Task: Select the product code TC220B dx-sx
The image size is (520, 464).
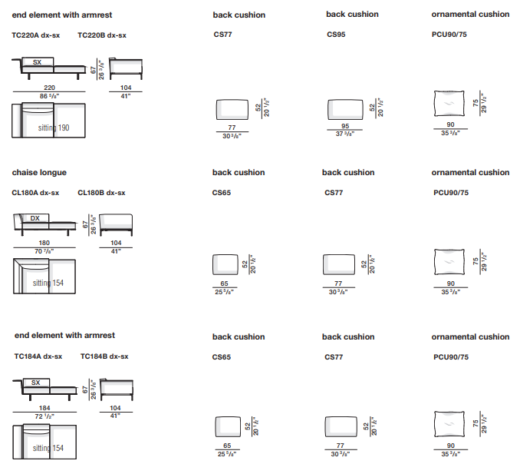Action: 103,35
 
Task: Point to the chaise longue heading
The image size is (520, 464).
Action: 39,173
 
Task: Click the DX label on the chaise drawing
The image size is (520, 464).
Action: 35,218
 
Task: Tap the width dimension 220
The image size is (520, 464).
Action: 49,88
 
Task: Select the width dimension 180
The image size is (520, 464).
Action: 44,243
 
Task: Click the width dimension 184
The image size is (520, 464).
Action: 44,408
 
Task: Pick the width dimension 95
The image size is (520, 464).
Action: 345,127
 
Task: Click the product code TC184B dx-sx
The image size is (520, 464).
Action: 103,356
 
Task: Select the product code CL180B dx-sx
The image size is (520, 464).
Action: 101,193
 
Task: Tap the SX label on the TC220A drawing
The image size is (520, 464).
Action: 37,61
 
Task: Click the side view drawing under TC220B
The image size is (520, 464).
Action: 126,68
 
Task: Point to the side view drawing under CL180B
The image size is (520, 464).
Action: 115,224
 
